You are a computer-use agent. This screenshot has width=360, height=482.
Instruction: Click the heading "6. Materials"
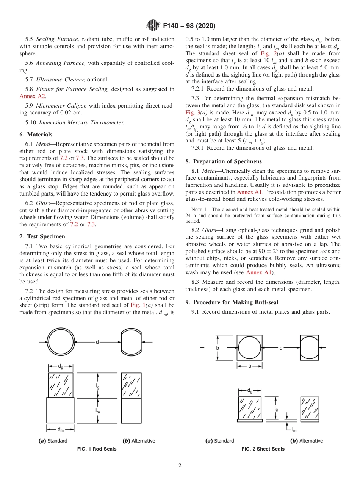click(x=36, y=135)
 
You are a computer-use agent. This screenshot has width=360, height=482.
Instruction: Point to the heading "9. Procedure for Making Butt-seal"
click(x=232, y=302)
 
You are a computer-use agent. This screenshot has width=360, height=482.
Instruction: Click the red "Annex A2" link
click(x=33, y=96)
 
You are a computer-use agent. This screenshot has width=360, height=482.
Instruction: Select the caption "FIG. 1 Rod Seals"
click(x=97, y=449)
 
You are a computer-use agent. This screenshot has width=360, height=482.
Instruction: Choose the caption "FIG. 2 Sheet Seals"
click(x=263, y=449)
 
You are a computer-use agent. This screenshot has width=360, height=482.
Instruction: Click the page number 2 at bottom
click(x=180, y=466)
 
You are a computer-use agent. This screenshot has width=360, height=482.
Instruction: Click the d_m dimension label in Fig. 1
click(x=60, y=429)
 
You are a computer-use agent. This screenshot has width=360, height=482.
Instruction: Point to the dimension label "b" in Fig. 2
click(x=218, y=348)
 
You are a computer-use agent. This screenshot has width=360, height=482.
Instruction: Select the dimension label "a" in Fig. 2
click(x=250, y=366)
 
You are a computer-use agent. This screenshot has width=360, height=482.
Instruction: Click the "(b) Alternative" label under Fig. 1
click(x=139, y=441)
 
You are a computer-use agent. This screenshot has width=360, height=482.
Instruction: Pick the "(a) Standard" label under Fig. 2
click(x=219, y=441)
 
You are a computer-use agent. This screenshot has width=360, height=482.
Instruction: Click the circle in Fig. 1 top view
click(x=60, y=342)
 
